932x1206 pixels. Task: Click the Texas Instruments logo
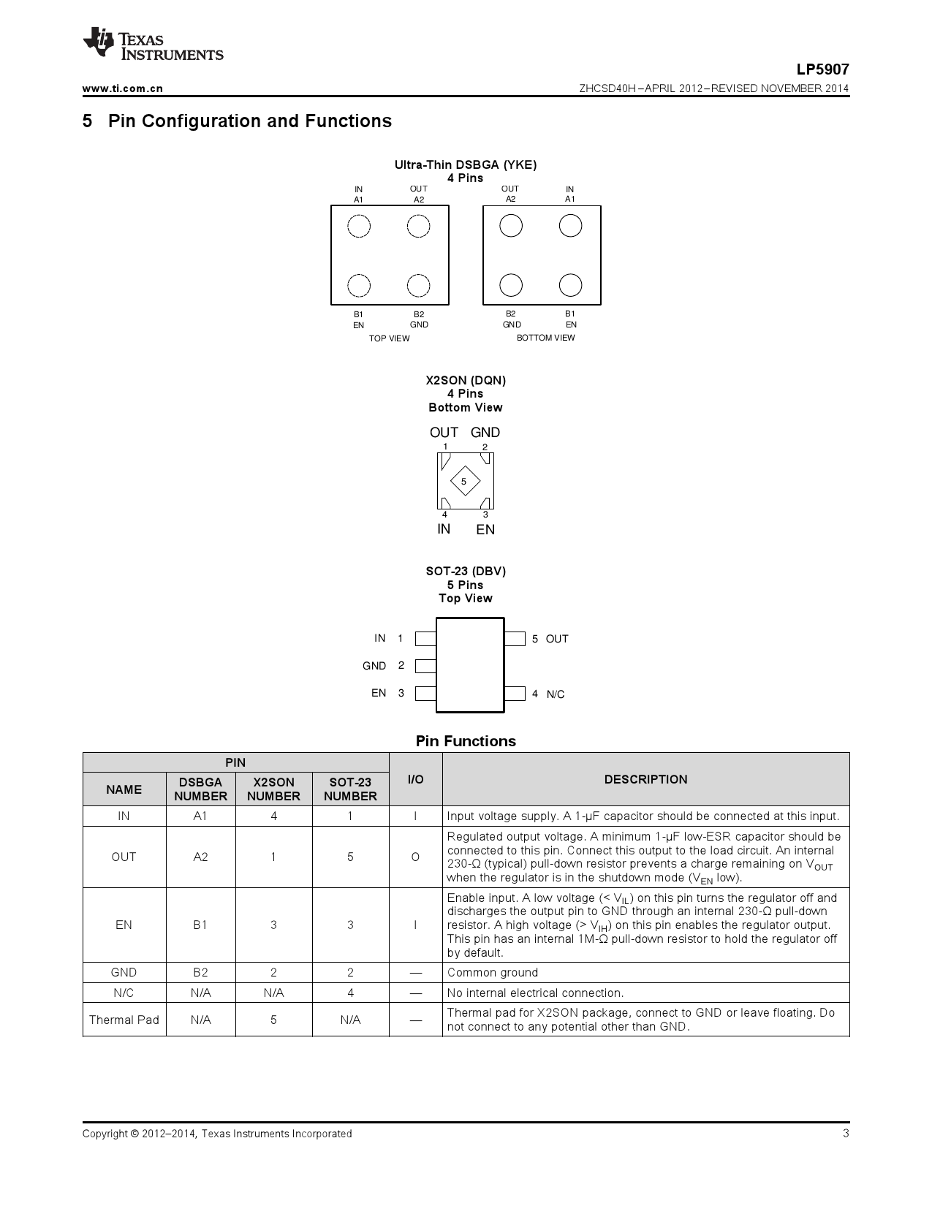(152, 45)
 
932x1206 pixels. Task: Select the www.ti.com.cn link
(123, 88)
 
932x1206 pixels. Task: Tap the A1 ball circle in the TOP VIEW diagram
(359, 226)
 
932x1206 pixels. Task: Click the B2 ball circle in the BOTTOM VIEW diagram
(511, 285)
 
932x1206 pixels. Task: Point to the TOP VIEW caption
(389, 338)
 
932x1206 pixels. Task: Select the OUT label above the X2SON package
(444, 433)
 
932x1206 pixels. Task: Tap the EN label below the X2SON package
(485, 530)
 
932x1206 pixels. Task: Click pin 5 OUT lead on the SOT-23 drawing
(515, 639)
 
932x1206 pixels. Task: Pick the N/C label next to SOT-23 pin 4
(556, 694)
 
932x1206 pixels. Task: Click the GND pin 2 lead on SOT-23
(425, 666)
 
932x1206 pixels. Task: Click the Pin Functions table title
(466, 741)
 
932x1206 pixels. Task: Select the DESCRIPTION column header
(645, 779)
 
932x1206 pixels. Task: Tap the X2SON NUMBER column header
(273, 789)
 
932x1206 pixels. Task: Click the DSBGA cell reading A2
(200, 857)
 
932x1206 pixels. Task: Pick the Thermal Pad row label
(124, 1020)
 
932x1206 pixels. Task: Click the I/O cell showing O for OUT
(415, 857)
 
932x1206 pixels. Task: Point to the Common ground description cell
(493, 972)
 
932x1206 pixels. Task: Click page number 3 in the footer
(846, 1134)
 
